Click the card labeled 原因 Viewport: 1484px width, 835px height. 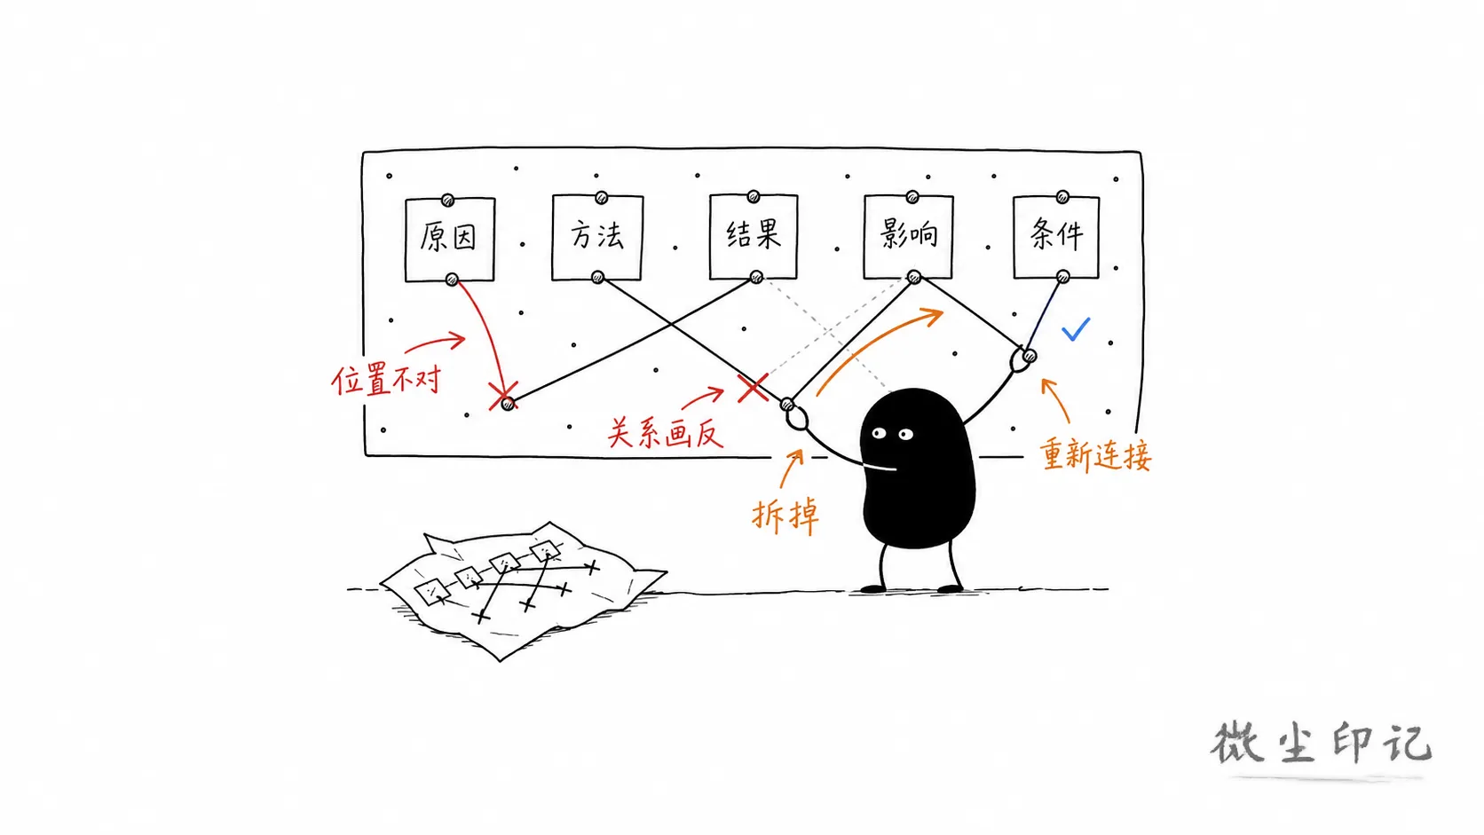pos(450,239)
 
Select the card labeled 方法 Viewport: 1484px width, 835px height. pos(597,237)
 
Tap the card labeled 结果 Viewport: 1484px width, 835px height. pos(754,236)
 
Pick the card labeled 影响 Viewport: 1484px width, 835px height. pos(908,236)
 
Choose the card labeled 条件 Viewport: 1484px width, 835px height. pos(1056,236)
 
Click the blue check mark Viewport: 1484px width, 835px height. pos(1075,330)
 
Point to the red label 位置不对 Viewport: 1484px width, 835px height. pos(386,381)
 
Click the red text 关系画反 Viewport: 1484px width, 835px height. pos(665,433)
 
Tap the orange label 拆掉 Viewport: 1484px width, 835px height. pos(785,515)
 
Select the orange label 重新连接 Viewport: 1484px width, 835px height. pos(1095,455)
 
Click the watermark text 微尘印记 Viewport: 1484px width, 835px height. pos(1321,743)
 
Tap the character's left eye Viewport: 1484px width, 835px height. pos(879,434)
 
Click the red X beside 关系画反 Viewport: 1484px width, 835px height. pos(753,388)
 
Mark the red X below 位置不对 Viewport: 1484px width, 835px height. pos(503,396)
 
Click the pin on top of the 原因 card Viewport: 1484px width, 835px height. pos(448,200)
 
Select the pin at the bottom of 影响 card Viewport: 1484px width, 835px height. pos(914,277)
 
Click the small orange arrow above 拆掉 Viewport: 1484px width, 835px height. pos(791,468)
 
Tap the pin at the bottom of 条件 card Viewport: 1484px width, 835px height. pos(1062,277)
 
